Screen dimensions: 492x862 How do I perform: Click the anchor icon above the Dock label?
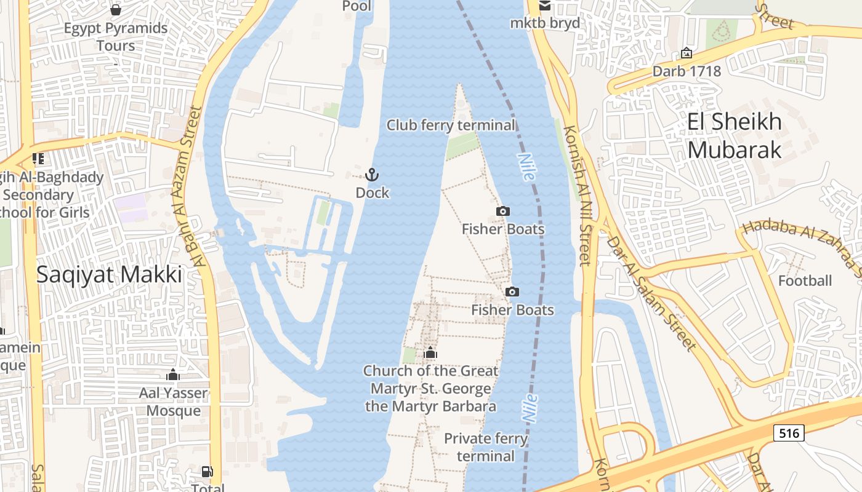coord(372,175)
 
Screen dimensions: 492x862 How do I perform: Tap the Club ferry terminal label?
coord(451,125)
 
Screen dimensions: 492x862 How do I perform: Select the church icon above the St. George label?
coord(430,353)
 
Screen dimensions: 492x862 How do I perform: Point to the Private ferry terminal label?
coord(486,447)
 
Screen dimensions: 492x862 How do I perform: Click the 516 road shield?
coord(789,433)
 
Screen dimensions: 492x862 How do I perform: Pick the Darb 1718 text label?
coord(687,71)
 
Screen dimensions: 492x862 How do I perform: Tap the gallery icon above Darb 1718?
coord(687,54)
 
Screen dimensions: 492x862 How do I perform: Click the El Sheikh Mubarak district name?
coord(735,135)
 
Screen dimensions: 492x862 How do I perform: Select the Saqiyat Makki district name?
coord(109,274)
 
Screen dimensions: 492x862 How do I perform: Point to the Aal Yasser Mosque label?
coord(173,402)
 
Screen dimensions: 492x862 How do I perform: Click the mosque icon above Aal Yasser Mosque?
coord(173,375)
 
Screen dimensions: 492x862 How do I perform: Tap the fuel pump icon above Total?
coord(207,472)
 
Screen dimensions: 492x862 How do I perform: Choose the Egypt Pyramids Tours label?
coord(116,37)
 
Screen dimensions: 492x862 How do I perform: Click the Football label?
coord(805,281)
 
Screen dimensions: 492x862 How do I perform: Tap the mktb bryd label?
coord(545,23)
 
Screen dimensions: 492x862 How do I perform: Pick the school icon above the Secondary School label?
coord(38,159)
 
